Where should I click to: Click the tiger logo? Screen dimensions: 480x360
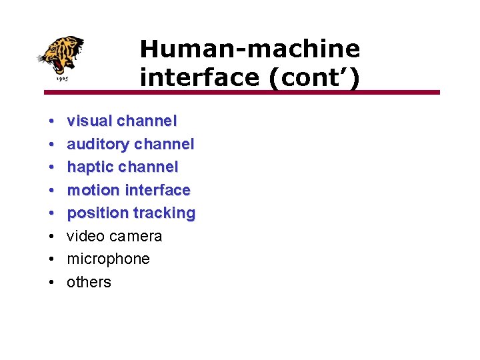[61, 56]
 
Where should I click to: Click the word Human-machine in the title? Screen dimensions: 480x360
[250, 49]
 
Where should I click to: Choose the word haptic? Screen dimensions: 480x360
[89, 167]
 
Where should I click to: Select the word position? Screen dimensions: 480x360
[97, 213]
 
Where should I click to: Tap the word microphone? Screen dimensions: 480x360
[108, 259]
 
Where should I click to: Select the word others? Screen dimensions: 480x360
[89, 282]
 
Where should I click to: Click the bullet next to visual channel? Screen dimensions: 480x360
[51, 121]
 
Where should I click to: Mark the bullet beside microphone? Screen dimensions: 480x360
[51, 259]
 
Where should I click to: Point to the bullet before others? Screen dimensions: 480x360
[51, 282]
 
